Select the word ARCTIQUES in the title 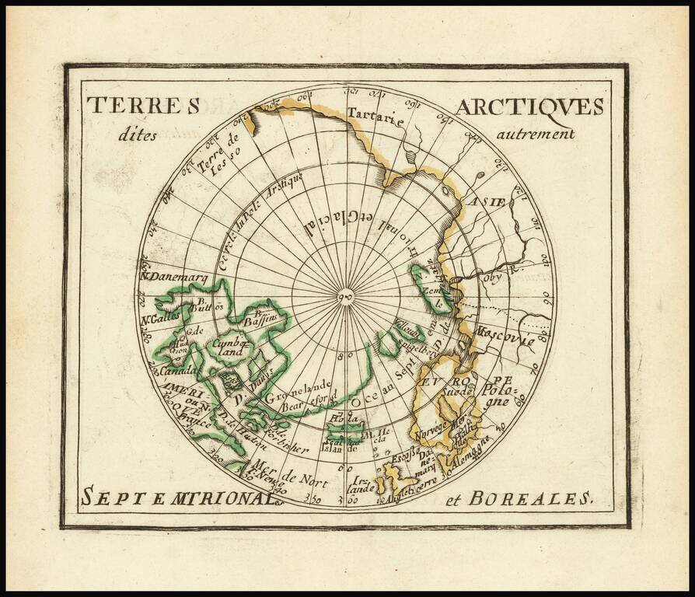[x=529, y=106]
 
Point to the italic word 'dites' [x=138, y=134]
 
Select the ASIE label [x=487, y=202]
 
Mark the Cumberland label [x=231, y=347]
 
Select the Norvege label [x=429, y=430]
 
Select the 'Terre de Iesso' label [x=221, y=155]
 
